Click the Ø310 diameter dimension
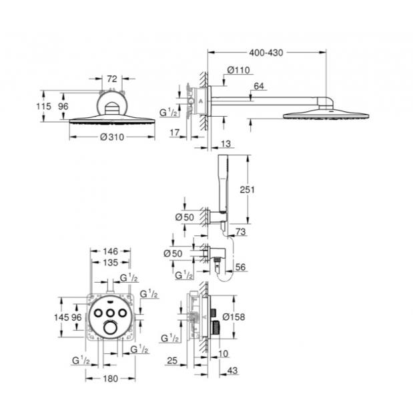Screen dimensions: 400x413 click(111, 137)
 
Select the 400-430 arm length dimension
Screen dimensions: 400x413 click(267, 52)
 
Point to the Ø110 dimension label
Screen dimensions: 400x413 click(238, 69)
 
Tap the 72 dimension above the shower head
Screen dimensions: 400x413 click(112, 79)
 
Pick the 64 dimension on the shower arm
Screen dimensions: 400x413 click(259, 85)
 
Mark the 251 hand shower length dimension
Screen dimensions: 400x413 click(248, 189)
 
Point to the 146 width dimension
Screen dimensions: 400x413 click(111, 251)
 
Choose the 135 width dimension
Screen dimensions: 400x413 click(111, 262)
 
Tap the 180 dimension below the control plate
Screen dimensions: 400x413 click(111, 379)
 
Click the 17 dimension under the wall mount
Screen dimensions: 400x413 click(175, 133)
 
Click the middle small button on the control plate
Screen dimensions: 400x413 click(111, 312)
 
